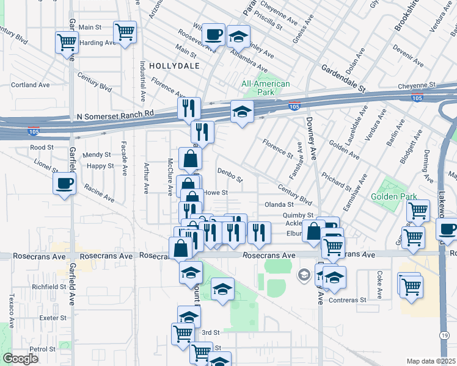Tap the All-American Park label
[265, 88]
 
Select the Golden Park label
[393, 196]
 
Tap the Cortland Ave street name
[30, 85]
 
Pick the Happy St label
[100, 166]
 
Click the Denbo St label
[230, 176]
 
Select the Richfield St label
[49, 286]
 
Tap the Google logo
[20, 359]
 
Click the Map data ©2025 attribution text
[431, 361]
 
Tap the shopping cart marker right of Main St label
[125, 31]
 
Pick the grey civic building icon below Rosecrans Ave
[304, 276]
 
